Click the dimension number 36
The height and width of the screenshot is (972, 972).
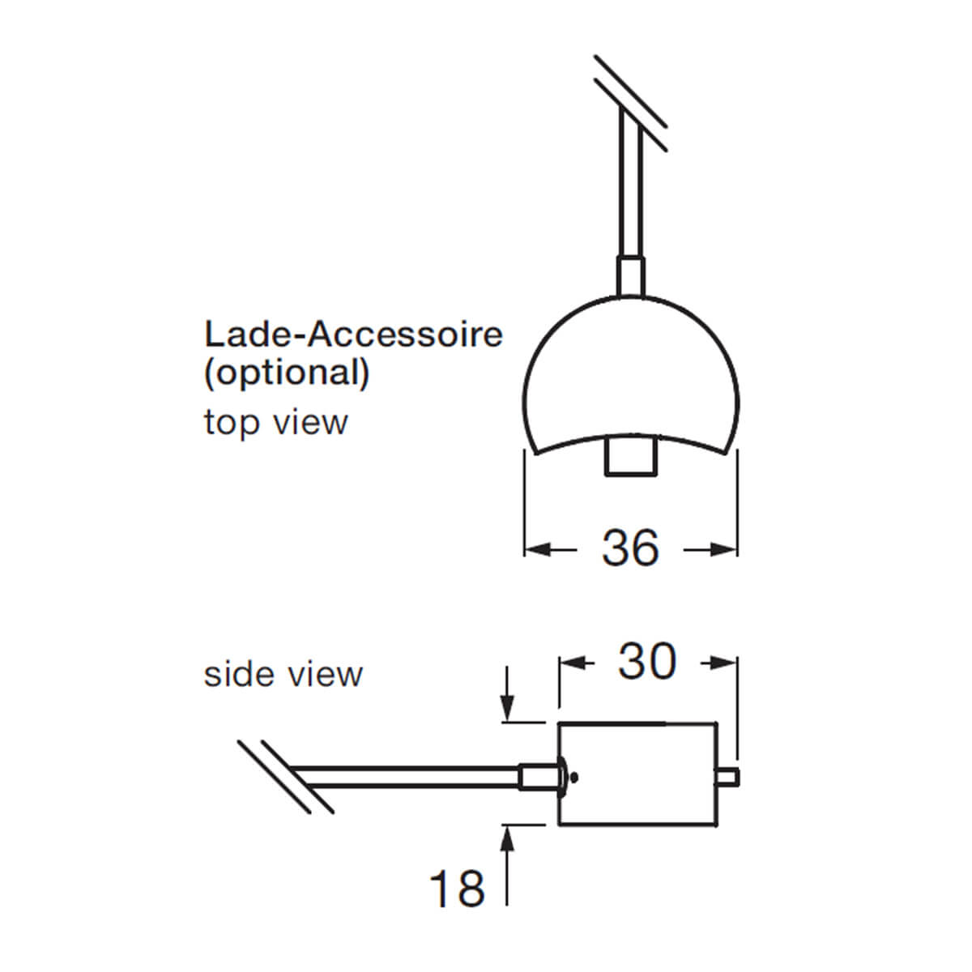[630, 548]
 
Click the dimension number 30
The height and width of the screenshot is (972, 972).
[647, 662]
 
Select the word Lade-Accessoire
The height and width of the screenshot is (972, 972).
[353, 334]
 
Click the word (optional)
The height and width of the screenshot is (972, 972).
[287, 373]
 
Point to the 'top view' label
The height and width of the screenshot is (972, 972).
[275, 422]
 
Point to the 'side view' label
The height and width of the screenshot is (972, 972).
[283, 674]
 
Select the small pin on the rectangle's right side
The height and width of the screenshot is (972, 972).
[727, 778]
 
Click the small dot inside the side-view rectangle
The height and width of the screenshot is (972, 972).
[574, 777]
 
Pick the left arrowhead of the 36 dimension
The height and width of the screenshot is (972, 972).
[535, 550]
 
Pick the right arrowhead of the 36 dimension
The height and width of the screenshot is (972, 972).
[727, 550]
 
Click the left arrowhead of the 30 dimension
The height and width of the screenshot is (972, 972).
[570, 663]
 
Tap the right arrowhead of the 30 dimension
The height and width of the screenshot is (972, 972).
[727, 663]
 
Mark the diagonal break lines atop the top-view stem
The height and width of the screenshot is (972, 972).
[630, 103]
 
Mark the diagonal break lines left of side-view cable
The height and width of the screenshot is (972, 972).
[285, 775]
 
